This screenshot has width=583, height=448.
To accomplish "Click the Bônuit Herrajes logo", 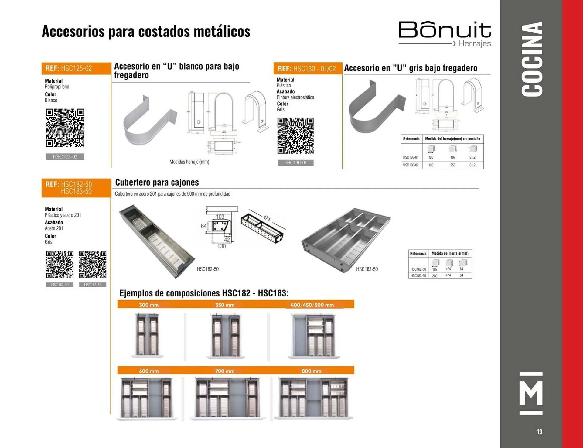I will click(445, 34).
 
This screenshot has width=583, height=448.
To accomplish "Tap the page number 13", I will click(539, 432).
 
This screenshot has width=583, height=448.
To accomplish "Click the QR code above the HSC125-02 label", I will click(65, 128).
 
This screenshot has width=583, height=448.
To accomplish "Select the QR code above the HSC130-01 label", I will click(295, 136).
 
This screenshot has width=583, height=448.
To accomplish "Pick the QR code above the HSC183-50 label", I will click(93, 264).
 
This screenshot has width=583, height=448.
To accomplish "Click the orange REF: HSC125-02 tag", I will click(76, 68).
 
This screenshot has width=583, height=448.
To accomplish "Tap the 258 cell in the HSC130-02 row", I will click(453, 165).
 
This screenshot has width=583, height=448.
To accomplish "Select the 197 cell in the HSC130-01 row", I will click(453, 157).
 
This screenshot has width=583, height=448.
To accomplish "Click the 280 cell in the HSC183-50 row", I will click(435, 276).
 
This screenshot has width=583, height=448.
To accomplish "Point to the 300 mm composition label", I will click(149, 305).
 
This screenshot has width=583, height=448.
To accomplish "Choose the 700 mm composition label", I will click(225, 371).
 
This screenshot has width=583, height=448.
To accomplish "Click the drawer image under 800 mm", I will click(314, 398).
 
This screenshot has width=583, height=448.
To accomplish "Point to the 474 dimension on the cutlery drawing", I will click(267, 218).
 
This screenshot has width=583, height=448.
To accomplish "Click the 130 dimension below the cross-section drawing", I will click(221, 246).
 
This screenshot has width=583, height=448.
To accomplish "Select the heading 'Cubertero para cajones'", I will click(157, 182).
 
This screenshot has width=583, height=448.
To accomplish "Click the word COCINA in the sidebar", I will click(532, 59).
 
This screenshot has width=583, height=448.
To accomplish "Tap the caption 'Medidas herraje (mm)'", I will click(189, 162).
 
